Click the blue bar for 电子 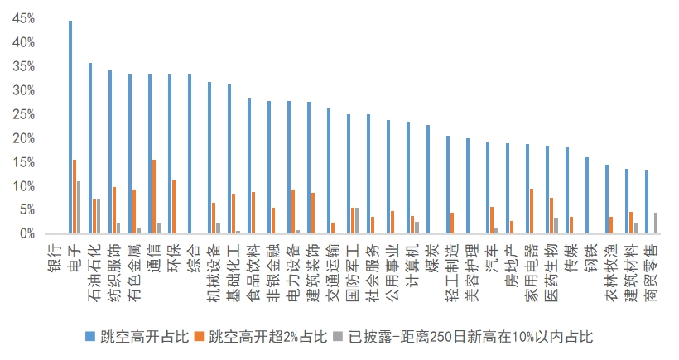click(x=70, y=127)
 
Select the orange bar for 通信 click(x=154, y=197)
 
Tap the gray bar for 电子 click(x=79, y=208)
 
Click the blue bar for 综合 click(x=190, y=155)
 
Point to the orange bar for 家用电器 click(x=532, y=212)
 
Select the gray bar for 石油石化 click(x=99, y=217)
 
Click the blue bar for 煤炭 click(x=428, y=180)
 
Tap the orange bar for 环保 click(x=174, y=207)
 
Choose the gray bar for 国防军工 click(x=357, y=221)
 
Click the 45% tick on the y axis click(x=24, y=18)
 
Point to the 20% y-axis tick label click(x=24, y=138)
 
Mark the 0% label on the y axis click(x=26, y=234)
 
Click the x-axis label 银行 click(x=55, y=258)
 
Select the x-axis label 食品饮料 click(x=254, y=272)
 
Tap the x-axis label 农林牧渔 click(x=612, y=272)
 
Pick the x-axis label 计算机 click(x=413, y=265)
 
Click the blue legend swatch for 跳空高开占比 click(x=90, y=336)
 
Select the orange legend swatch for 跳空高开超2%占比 click(x=200, y=336)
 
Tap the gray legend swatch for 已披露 click(x=338, y=336)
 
